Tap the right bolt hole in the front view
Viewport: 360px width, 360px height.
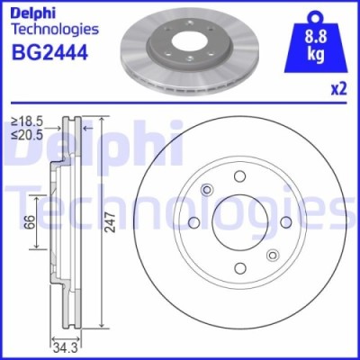click(x=287, y=222)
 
